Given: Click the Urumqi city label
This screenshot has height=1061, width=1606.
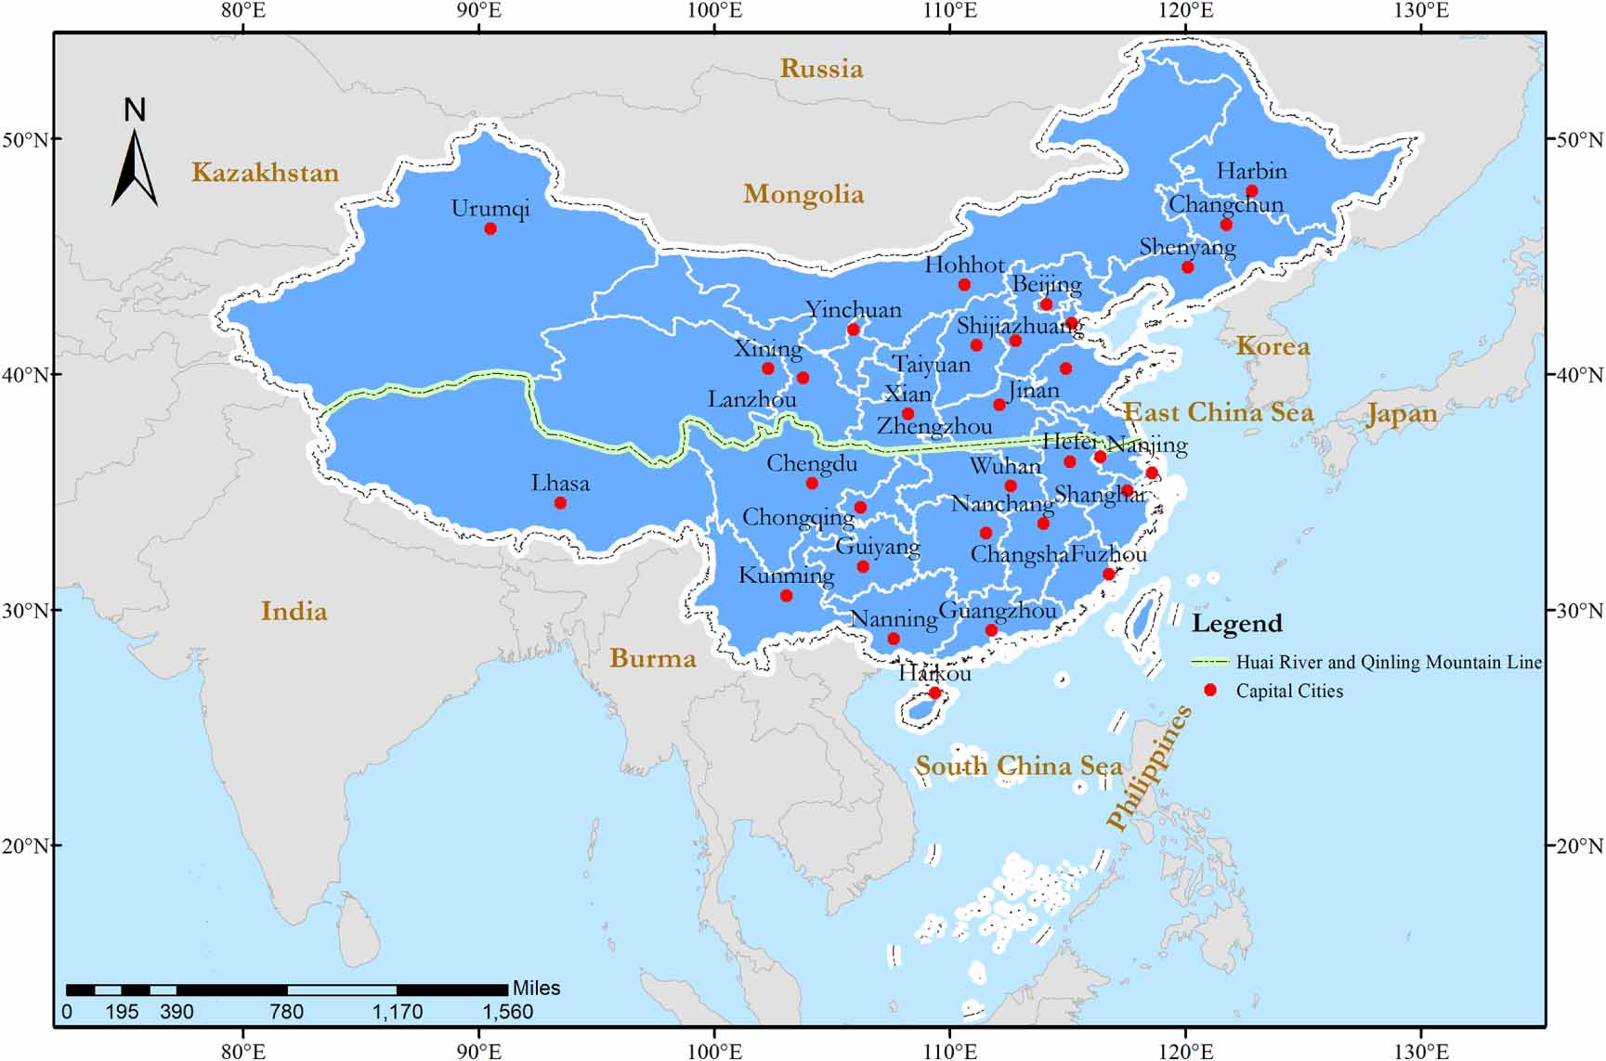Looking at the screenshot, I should (x=490, y=209).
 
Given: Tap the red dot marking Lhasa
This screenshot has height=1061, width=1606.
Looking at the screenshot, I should (x=560, y=503).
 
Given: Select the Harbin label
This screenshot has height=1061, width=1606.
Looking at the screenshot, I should (x=1251, y=172).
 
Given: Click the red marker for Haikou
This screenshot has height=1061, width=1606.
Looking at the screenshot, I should (x=934, y=693).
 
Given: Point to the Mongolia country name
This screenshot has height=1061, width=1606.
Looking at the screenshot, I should (x=803, y=194).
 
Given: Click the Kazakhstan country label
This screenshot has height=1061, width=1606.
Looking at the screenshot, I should (x=265, y=173).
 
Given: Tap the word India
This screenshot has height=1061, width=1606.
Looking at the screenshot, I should (x=294, y=611).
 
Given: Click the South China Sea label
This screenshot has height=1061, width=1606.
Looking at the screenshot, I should (x=1018, y=766).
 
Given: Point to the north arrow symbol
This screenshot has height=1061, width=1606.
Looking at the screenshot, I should (x=135, y=167).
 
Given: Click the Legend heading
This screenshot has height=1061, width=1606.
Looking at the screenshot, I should (x=1236, y=624).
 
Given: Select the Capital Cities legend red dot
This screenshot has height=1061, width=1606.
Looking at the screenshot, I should (x=1209, y=690).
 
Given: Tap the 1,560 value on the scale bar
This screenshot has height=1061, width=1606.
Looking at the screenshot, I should (x=507, y=1012).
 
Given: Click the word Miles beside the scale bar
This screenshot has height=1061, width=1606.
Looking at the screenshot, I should (x=536, y=988).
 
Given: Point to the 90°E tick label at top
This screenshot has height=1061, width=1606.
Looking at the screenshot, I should (x=478, y=11).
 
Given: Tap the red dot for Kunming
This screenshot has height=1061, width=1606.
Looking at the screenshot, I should (x=786, y=596).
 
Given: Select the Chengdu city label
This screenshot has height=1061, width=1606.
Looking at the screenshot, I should (x=811, y=463).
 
